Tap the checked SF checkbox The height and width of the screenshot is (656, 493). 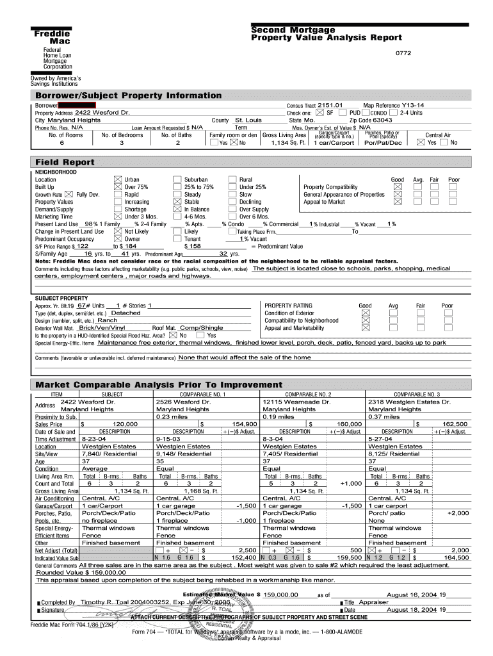320,113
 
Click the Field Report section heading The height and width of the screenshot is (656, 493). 65,162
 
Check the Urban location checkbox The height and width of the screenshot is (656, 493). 117,180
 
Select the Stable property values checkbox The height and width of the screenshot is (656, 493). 177,202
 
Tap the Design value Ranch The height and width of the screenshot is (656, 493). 107,320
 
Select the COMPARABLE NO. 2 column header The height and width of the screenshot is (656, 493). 308,394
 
